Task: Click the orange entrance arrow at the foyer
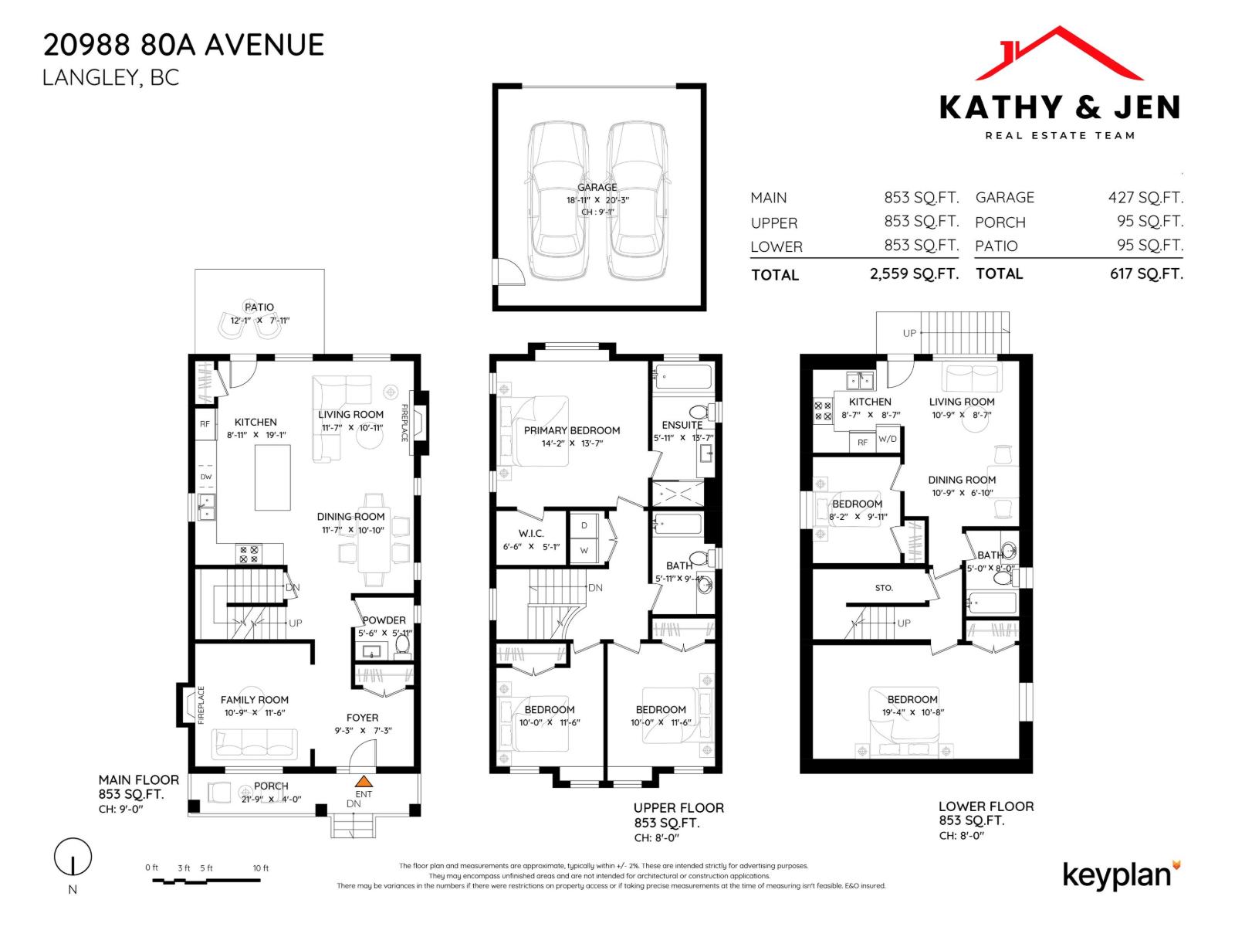point(364,781)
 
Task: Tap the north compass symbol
point(73,857)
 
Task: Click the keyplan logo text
point(1117,875)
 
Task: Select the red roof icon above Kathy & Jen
point(1059,54)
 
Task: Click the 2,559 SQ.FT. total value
point(914,273)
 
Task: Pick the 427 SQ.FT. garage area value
point(1145,198)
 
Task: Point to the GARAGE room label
point(597,187)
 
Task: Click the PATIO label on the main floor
point(259,307)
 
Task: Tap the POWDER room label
point(384,620)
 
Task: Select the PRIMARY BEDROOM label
point(572,430)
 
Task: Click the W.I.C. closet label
point(531,533)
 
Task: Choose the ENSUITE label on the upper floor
point(682,425)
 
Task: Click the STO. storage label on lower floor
point(884,588)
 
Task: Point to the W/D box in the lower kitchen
point(888,439)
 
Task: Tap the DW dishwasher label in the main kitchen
point(206,477)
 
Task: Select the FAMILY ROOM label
point(255,700)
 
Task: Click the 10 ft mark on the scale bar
point(261,868)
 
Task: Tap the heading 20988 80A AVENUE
point(184,45)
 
